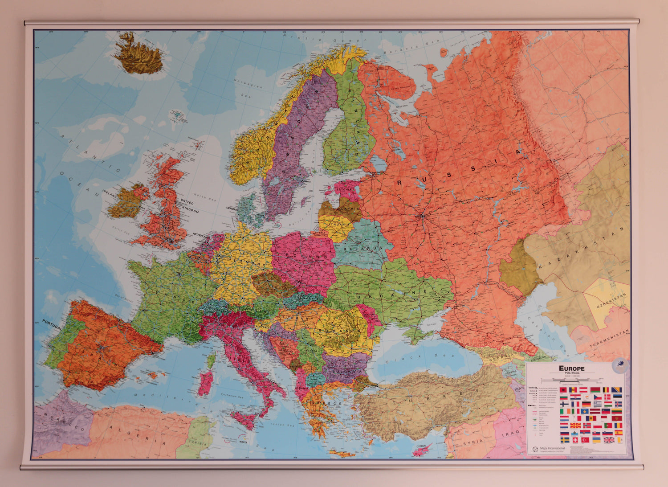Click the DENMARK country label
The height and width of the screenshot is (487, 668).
[232, 208]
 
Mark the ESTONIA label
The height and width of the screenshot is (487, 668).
[344, 189]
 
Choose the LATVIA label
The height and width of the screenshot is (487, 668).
[351, 208]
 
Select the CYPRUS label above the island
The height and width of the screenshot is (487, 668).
[421, 445]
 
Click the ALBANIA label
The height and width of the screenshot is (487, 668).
[301, 388]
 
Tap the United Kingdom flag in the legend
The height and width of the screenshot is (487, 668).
[608, 440]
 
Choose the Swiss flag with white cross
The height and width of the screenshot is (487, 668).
[574, 440]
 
